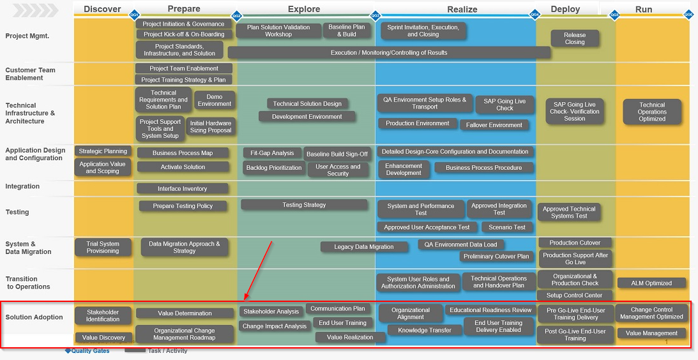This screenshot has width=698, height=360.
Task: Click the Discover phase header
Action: [x=102, y=9]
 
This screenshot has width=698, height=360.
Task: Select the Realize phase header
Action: [x=462, y=9]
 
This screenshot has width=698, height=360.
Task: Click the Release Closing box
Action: [x=575, y=38]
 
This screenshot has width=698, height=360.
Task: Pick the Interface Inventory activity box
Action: [x=182, y=188]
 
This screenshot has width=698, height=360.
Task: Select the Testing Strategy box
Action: [x=304, y=205]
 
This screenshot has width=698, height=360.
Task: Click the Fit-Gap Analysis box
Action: [x=273, y=153]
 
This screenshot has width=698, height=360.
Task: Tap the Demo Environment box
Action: [x=215, y=100]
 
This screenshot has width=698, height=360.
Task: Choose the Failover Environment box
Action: [x=494, y=125]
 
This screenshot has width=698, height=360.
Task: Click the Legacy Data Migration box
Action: [x=364, y=247]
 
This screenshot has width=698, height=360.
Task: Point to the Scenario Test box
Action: [x=507, y=227]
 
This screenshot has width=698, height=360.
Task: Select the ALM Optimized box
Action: [x=651, y=283]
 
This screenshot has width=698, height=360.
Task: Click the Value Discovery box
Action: [x=103, y=338]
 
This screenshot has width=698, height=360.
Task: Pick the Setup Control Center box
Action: [x=575, y=295]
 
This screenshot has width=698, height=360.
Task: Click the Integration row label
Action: [x=22, y=186]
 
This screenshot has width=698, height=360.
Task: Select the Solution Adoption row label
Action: [x=34, y=317]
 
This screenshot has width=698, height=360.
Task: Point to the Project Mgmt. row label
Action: [x=27, y=36]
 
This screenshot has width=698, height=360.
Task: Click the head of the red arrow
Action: [x=245, y=299]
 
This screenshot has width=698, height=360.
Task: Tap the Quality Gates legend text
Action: [x=90, y=350]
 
